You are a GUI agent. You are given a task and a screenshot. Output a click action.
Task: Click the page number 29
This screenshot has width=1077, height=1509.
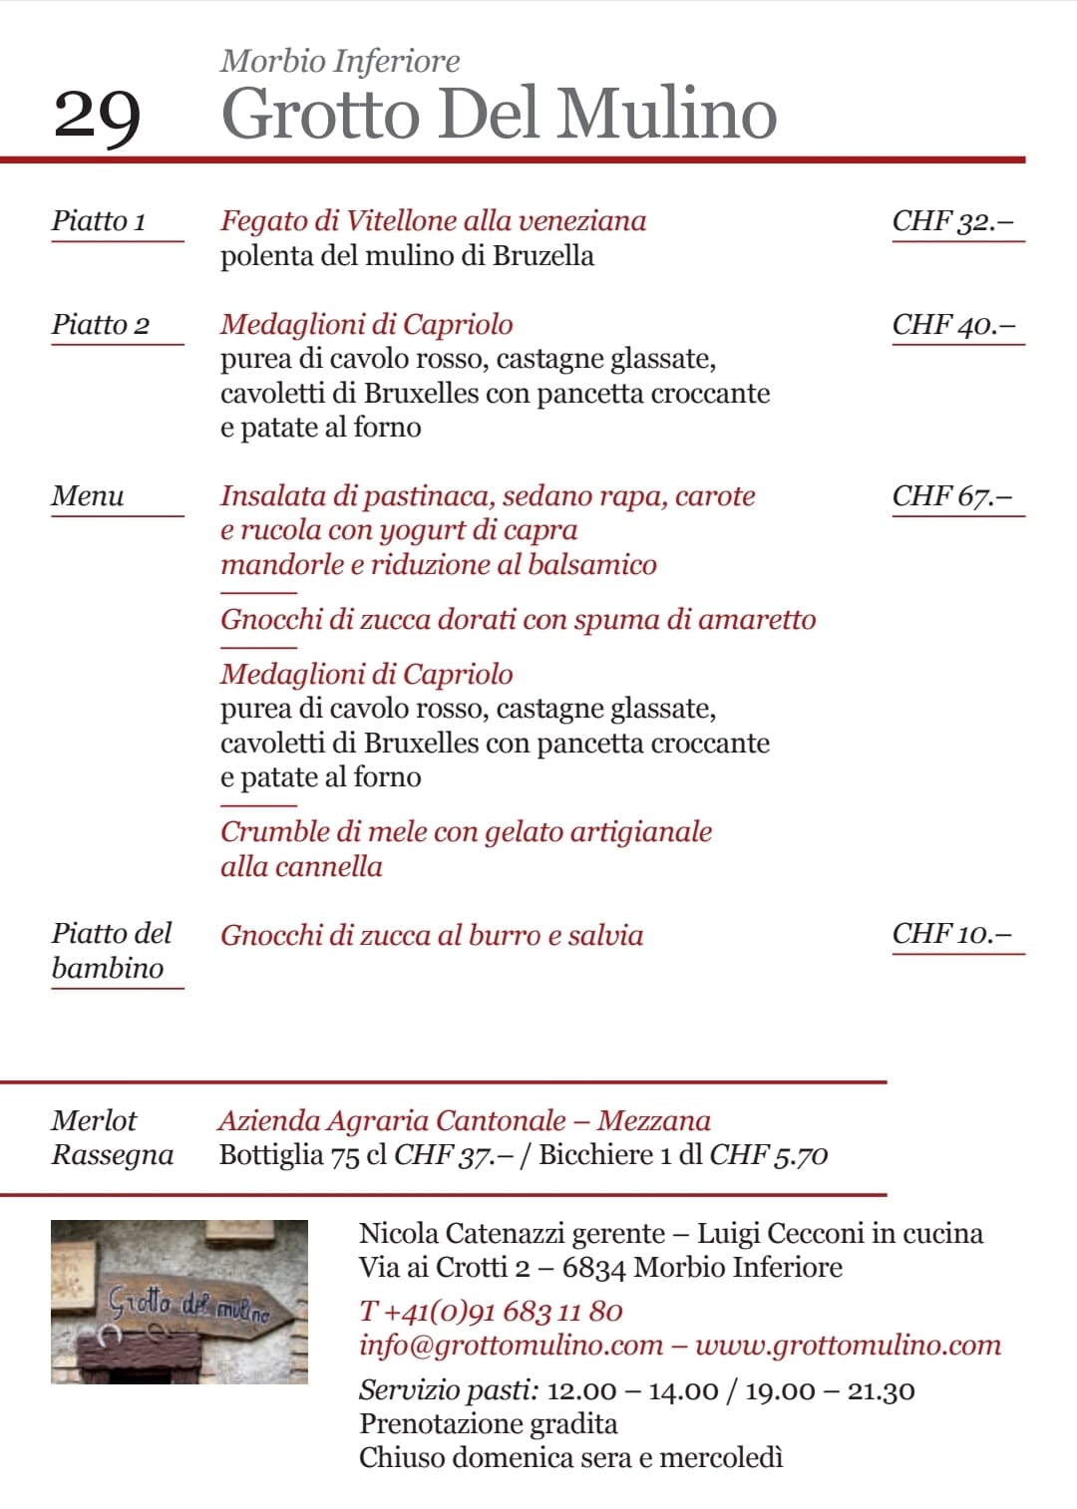click(x=97, y=117)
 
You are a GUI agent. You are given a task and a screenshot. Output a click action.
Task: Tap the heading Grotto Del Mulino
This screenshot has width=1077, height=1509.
click(x=499, y=114)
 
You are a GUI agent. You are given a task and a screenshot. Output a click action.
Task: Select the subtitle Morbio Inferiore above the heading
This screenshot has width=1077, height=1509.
click(x=340, y=62)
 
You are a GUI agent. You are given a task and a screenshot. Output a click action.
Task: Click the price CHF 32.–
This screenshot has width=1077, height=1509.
click(x=952, y=221)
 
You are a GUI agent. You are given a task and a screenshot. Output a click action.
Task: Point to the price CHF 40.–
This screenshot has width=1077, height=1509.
click(x=953, y=325)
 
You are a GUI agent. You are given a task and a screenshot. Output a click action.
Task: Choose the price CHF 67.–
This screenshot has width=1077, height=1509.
click(x=952, y=496)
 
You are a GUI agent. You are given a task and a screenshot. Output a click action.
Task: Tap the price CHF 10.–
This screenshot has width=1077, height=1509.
click(x=952, y=934)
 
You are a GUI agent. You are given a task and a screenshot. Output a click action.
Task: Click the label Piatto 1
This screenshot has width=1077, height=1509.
click(x=99, y=221)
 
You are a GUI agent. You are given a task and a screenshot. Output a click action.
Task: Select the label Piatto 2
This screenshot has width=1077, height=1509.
click(x=101, y=325)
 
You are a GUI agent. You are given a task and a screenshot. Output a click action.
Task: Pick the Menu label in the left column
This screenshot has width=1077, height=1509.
click(x=88, y=496)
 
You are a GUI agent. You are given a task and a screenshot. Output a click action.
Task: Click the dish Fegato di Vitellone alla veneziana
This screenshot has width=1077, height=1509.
click(x=433, y=221)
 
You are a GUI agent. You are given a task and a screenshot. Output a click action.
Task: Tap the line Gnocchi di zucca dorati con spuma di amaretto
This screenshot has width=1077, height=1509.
click(x=518, y=620)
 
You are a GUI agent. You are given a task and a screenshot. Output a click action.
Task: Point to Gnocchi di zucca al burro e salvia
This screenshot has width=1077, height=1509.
click(x=432, y=936)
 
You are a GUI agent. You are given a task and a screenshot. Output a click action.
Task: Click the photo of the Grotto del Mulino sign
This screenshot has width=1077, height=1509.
click(x=179, y=1301)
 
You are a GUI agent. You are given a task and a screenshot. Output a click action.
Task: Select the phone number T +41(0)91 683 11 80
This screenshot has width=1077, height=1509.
click(x=491, y=1312)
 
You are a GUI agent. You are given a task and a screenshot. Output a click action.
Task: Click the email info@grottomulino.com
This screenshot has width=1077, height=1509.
click(x=511, y=1346)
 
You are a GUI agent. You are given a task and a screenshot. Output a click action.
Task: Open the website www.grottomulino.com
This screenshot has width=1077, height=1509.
click(x=848, y=1346)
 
